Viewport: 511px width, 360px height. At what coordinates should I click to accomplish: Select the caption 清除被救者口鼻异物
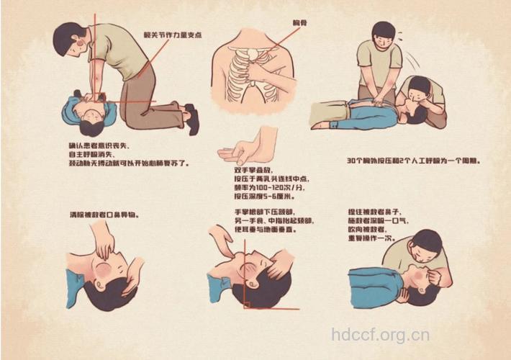104,215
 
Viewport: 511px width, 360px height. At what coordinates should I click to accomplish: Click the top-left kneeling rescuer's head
72,40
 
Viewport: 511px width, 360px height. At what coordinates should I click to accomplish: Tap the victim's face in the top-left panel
91,112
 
